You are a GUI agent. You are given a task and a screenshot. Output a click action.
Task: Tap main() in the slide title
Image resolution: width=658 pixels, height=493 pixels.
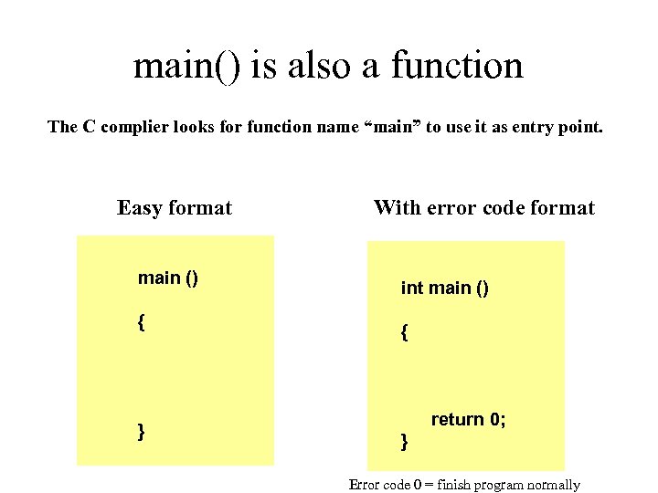pyautogui.click(x=186, y=66)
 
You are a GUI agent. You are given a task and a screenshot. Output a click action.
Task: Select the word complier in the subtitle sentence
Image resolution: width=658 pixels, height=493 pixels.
pyautogui.click(x=133, y=127)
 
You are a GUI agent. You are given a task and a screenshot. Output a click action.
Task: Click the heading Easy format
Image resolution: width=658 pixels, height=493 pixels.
pyautogui.click(x=175, y=208)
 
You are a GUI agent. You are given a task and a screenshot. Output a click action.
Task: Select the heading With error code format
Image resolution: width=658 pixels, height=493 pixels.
pyautogui.click(x=483, y=208)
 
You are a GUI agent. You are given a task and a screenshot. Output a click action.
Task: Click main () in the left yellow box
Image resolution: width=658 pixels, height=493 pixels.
pyautogui.click(x=168, y=278)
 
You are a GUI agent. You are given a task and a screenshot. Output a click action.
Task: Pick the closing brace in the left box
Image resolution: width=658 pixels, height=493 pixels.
pyautogui.click(x=141, y=431)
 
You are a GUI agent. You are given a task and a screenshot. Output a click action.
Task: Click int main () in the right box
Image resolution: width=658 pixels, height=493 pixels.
pyautogui.click(x=445, y=288)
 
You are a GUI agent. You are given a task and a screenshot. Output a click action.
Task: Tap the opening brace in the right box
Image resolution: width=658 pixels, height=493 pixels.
pyautogui.click(x=404, y=333)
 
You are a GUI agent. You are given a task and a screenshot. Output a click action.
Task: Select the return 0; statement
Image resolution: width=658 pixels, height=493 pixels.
pyautogui.click(x=468, y=420)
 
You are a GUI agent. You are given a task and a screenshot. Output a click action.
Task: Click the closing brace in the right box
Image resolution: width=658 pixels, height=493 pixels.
pyautogui.click(x=404, y=442)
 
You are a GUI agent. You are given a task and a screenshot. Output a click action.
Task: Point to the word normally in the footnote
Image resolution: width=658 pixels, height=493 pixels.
pyautogui.click(x=552, y=485)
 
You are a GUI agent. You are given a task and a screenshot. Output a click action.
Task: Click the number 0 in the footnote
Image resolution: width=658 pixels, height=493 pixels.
pyautogui.click(x=416, y=485)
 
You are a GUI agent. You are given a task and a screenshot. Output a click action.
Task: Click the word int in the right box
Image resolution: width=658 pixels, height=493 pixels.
pyautogui.click(x=412, y=288)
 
